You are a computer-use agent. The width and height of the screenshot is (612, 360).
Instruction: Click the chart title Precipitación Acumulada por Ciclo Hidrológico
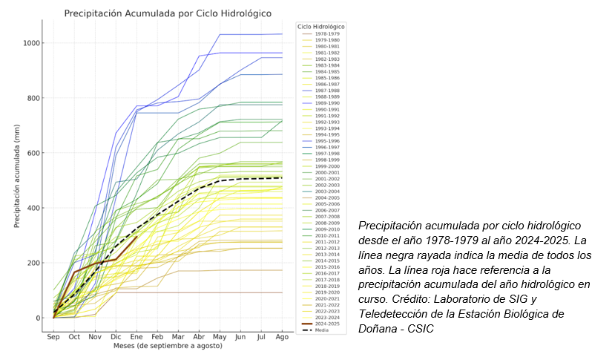pos(167,13)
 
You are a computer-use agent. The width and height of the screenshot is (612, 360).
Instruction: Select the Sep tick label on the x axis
pos(53,336)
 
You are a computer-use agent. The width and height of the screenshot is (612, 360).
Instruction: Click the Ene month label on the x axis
pos(136,336)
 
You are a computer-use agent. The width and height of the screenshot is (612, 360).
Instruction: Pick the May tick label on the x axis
pos(220,336)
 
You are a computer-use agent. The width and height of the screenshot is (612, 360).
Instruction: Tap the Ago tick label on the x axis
pos(282,336)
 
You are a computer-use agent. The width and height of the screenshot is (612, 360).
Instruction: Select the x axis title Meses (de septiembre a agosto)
pos(167,347)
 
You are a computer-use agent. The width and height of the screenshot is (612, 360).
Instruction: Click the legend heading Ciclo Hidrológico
pos(321,27)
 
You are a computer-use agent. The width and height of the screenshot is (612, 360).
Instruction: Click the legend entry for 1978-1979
pos(326,33)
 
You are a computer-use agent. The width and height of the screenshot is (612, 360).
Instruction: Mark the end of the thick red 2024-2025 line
pos(136,237)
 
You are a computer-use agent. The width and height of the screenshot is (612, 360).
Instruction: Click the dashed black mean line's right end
pos(282,177)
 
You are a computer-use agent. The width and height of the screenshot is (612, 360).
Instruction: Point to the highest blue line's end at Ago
pos(282,34)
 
